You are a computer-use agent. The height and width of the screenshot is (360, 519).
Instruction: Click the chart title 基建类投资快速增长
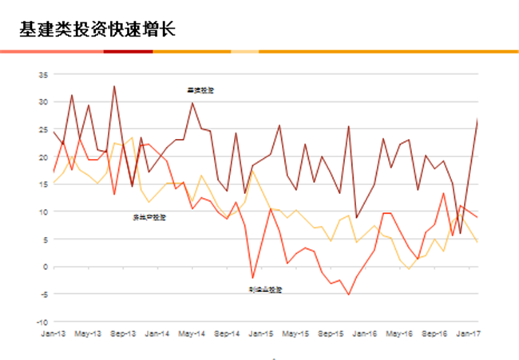tap(98, 30)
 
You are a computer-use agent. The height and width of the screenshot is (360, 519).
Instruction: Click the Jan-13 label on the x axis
tap(53, 332)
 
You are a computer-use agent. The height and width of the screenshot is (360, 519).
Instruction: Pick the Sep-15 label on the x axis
tap(331, 332)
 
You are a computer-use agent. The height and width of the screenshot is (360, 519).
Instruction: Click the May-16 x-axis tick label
tap(399, 332)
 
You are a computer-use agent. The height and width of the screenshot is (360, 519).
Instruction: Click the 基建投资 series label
tap(200, 90)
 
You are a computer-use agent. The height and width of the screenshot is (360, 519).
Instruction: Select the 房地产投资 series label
tap(149, 217)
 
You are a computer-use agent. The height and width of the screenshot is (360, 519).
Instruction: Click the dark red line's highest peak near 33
tap(114, 86)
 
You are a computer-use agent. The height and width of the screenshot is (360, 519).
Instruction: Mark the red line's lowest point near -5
tap(348, 295)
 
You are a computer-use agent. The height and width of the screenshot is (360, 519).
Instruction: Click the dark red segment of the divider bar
tap(128, 51)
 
